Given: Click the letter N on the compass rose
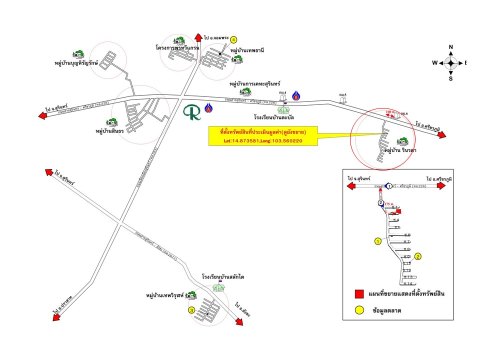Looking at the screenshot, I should [x=450, y=47].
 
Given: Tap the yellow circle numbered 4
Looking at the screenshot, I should [x=233, y=39].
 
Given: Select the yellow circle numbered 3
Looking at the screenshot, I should [x=191, y=310].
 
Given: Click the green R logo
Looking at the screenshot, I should [x=192, y=112].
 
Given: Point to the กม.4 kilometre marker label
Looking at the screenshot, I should [x=283, y=92].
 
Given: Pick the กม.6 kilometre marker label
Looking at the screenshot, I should [x=404, y=114].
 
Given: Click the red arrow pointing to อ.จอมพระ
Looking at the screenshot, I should [x=196, y=37].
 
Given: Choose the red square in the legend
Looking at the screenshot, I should [x=358, y=293].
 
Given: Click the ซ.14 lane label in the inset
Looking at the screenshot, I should [x=408, y=283].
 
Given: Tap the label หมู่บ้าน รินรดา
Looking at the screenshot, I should [x=400, y=150].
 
